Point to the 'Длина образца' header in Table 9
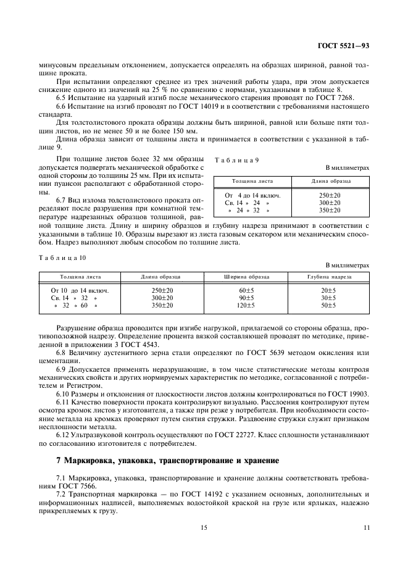331,182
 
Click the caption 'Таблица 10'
62,257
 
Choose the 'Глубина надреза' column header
328,277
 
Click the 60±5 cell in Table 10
246,290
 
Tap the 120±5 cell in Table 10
246,305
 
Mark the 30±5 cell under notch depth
328,298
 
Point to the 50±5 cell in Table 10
328,305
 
